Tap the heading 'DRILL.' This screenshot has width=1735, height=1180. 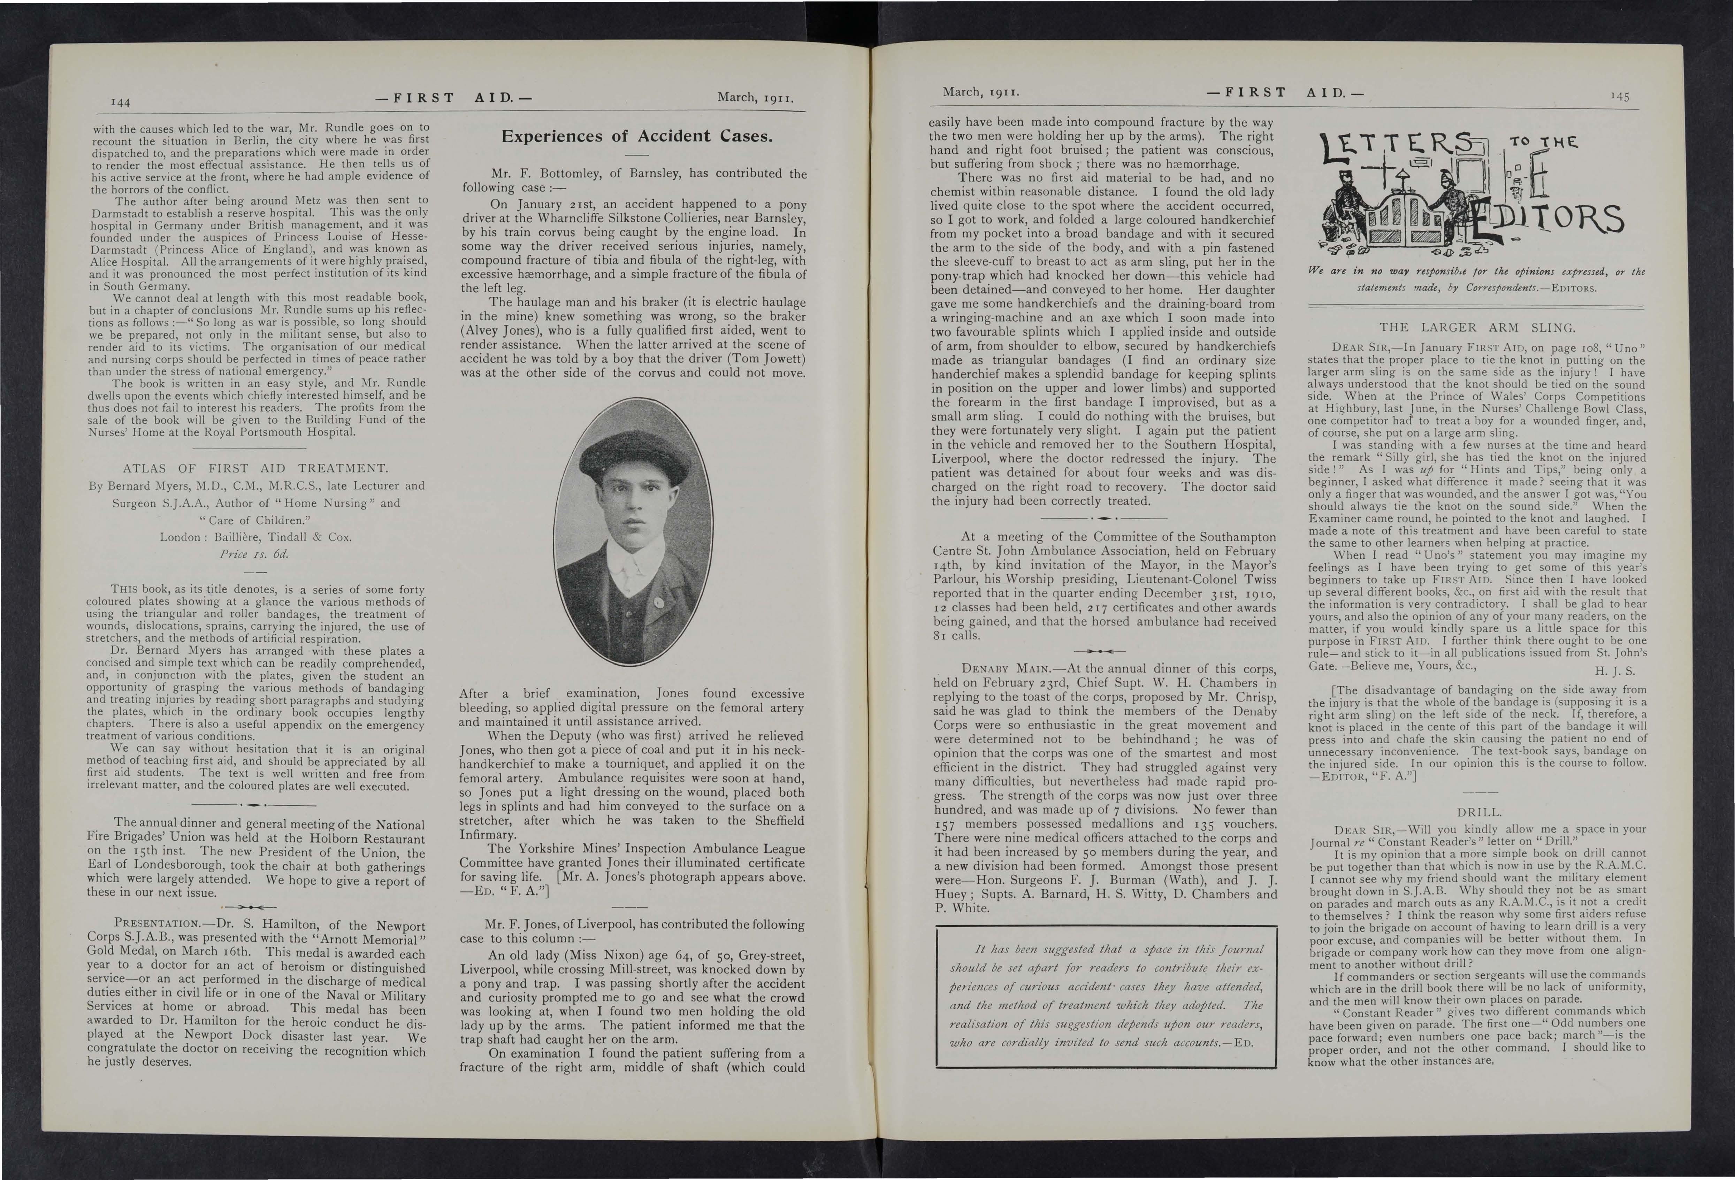pyautogui.click(x=1477, y=812)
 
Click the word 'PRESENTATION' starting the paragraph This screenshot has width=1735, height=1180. pyautogui.click(x=155, y=927)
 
